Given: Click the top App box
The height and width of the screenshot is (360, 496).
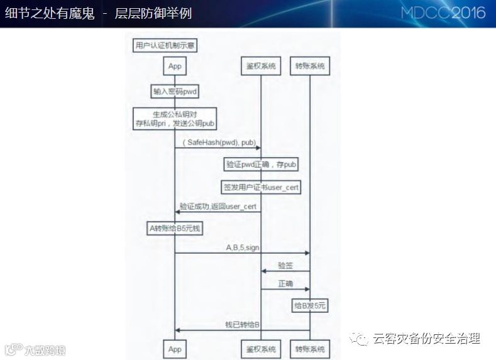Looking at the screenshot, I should pyautogui.click(x=175, y=66).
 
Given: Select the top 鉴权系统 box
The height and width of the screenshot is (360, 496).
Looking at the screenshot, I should pyautogui.click(x=261, y=66).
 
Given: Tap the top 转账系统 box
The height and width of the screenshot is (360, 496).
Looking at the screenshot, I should pyautogui.click(x=310, y=66).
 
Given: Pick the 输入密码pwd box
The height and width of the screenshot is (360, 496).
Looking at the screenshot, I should pyautogui.click(x=175, y=91).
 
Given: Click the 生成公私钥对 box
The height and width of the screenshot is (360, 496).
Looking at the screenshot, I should pyautogui.click(x=175, y=119).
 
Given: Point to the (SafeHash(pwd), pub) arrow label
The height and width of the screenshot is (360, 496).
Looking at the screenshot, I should pyautogui.click(x=219, y=143).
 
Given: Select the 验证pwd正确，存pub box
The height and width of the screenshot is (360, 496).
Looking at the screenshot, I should pyautogui.click(x=261, y=164).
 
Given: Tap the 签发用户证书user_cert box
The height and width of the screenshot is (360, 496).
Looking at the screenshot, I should pyautogui.click(x=260, y=187).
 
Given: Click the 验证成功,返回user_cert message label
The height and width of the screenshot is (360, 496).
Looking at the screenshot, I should pyautogui.click(x=218, y=206).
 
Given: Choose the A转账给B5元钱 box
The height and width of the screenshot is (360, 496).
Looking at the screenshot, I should pyautogui.click(x=175, y=228).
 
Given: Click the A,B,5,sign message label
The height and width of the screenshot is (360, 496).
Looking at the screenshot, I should pyautogui.click(x=243, y=248).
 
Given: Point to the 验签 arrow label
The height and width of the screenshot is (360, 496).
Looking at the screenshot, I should pyautogui.click(x=285, y=266).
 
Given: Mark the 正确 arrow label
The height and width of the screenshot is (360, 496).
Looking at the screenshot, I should pyautogui.click(x=285, y=284).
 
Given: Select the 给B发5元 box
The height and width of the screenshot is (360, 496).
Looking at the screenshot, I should pyautogui.click(x=310, y=306).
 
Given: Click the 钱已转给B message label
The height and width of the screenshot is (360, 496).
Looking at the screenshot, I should pyautogui.click(x=243, y=325).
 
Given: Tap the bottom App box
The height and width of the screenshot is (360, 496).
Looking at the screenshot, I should pyautogui.click(x=175, y=348).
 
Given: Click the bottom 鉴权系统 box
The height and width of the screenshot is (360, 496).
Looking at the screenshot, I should pyautogui.click(x=261, y=348).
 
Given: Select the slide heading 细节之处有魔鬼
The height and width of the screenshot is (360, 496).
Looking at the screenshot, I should pyautogui.click(x=50, y=13).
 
